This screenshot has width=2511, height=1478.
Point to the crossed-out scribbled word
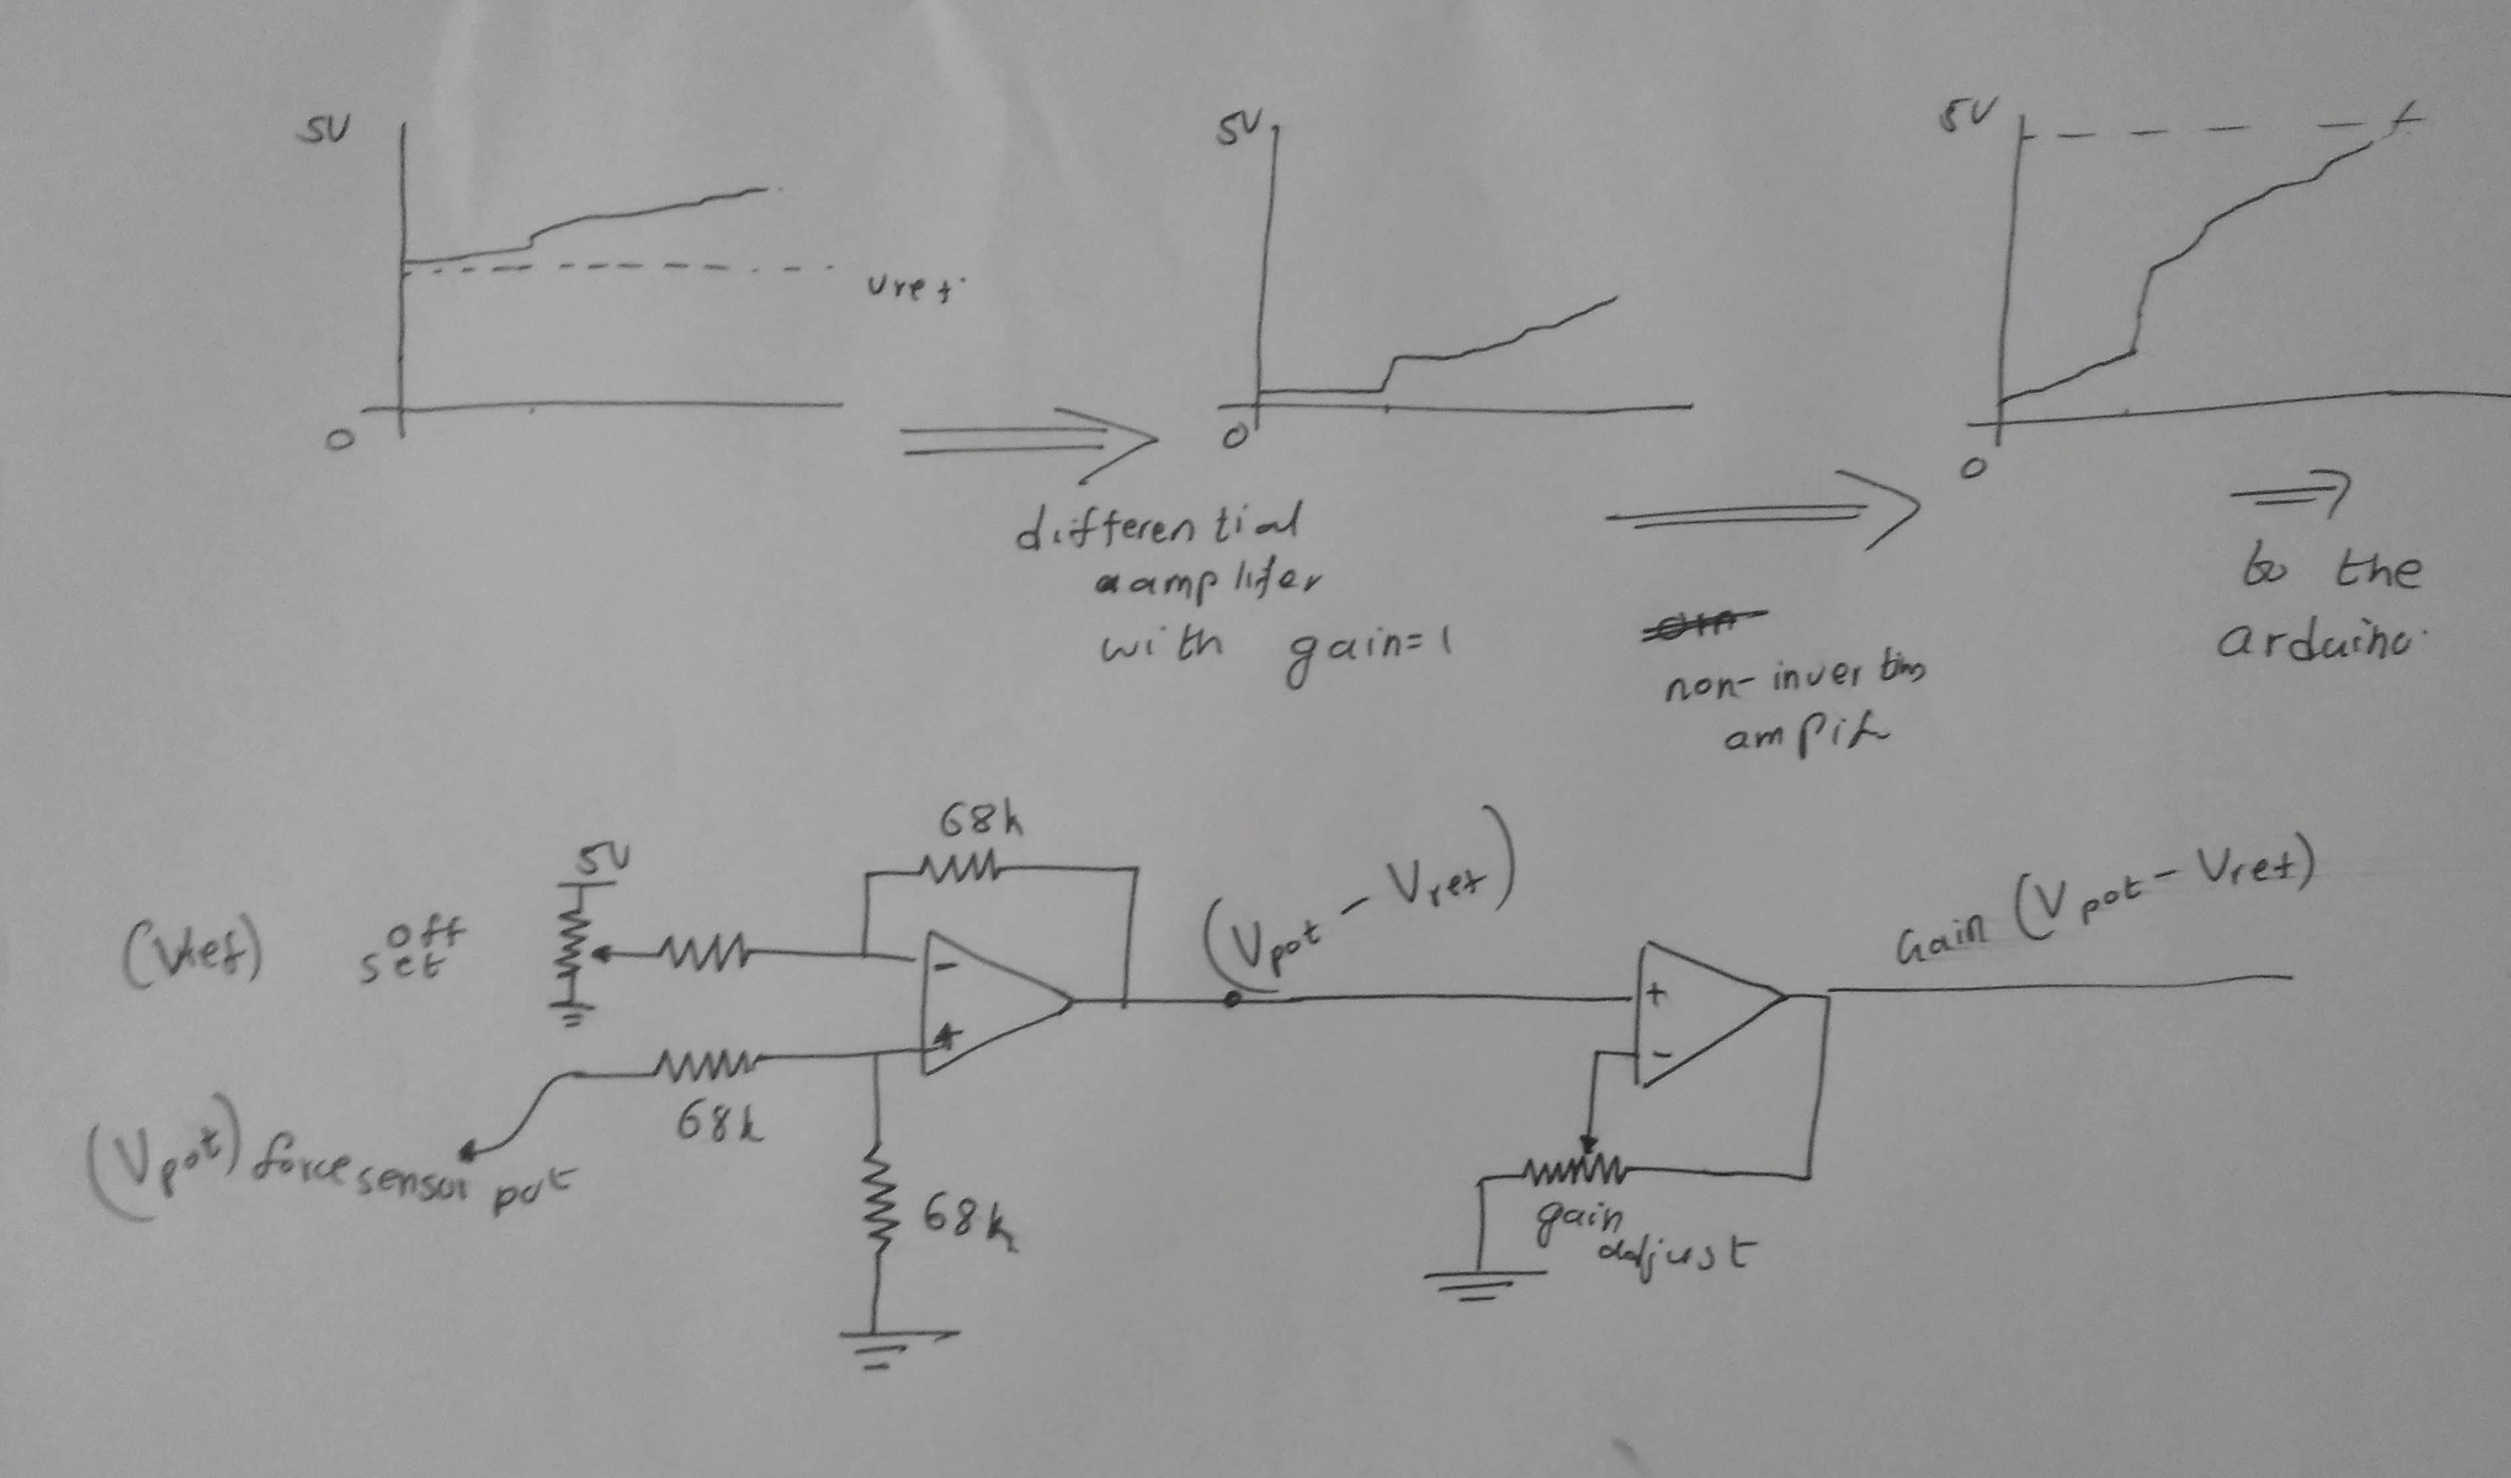[x=1703, y=623]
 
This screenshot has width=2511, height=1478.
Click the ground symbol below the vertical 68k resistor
[x=877, y=1349]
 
